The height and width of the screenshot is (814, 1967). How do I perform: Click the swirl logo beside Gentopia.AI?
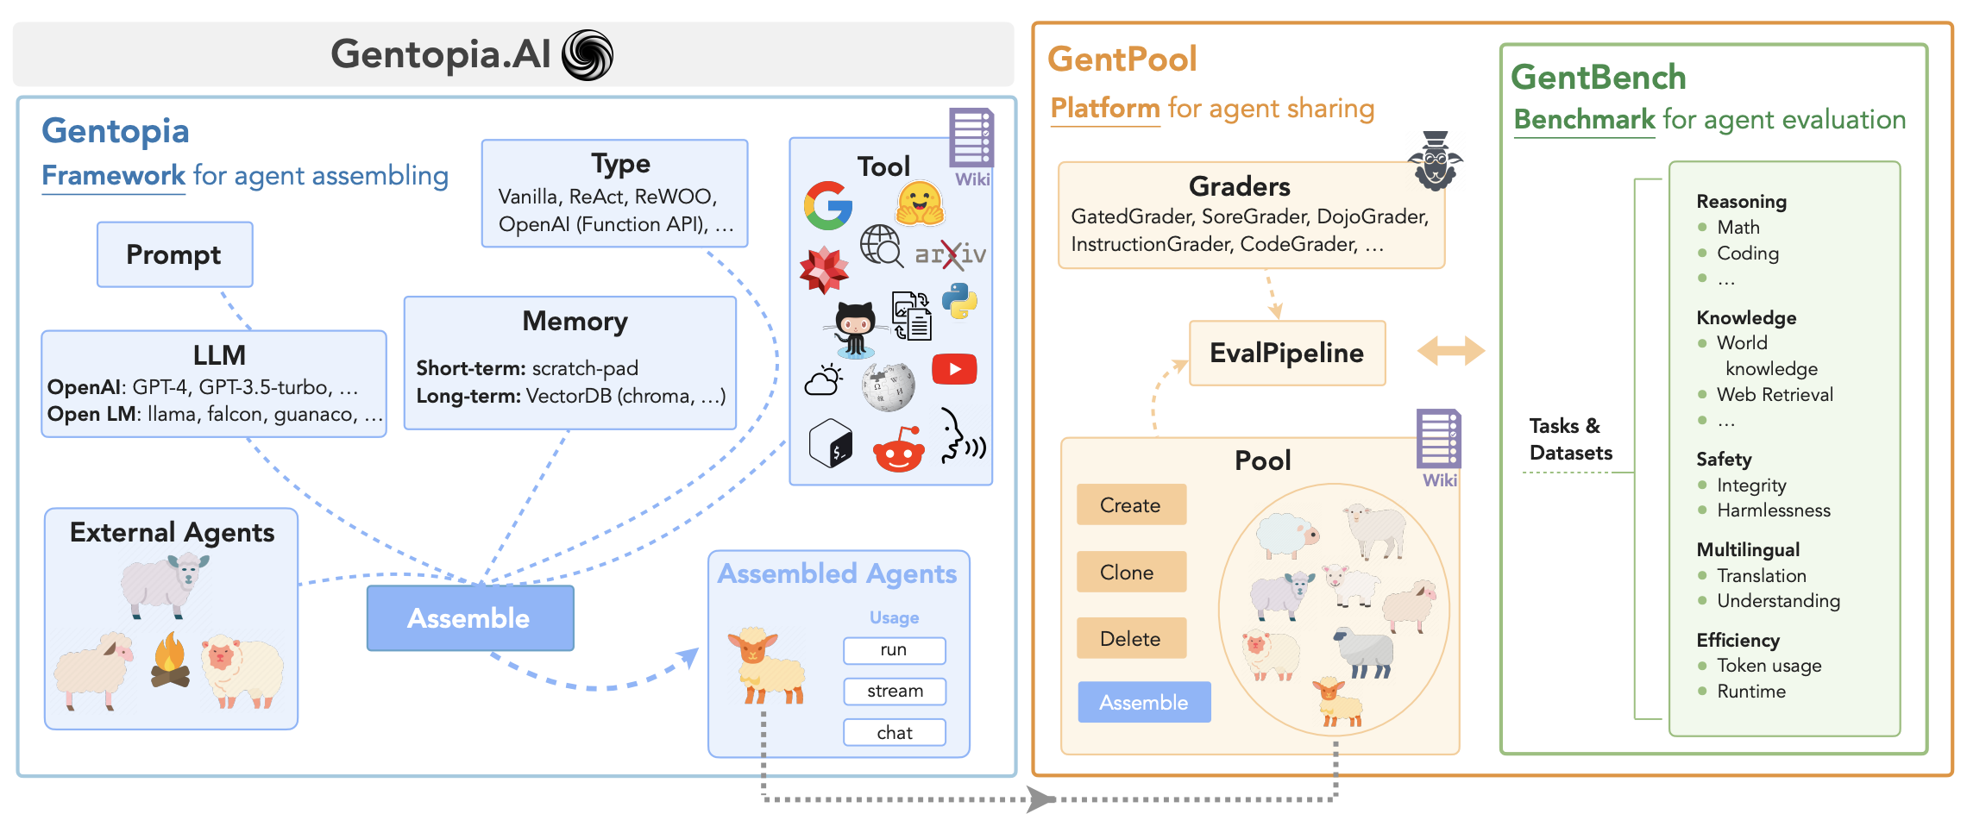pos(588,55)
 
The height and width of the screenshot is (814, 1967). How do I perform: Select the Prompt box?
pos(174,254)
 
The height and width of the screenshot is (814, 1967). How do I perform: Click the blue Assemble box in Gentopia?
pos(470,618)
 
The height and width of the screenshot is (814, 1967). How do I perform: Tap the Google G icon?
pos(828,205)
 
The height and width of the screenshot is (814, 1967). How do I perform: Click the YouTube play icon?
pos(954,369)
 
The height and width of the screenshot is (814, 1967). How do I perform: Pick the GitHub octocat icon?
pos(856,329)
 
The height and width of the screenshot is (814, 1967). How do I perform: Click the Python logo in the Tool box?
pos(959,301)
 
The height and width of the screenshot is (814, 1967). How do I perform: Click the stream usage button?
pos(895,691)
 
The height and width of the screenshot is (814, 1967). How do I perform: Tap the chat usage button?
pos(895,732)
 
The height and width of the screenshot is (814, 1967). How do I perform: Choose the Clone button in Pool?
pos(1131,572)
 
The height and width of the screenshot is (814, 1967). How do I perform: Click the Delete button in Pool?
pos(1131,638)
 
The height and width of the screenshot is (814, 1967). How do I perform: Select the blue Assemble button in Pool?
pos(1144,702)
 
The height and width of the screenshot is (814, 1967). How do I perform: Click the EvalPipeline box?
pos(1286,353)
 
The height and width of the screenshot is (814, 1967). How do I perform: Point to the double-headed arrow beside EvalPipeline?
pos(1450,351)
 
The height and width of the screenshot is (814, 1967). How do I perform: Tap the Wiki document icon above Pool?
pos(1438,440)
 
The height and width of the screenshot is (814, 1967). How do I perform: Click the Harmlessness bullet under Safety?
pos(1772,510)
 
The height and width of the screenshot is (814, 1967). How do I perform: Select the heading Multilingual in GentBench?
pos(1747,549)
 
